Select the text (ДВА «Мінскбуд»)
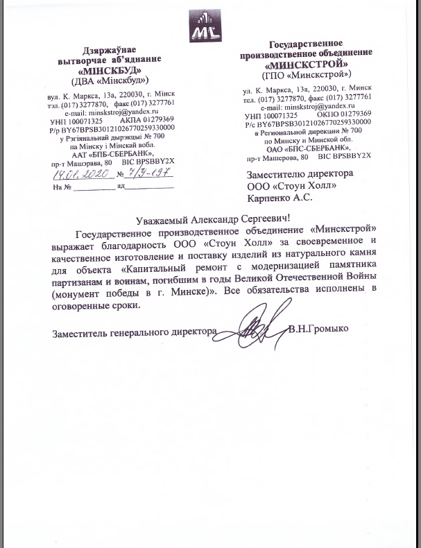(x=112, y=81)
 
